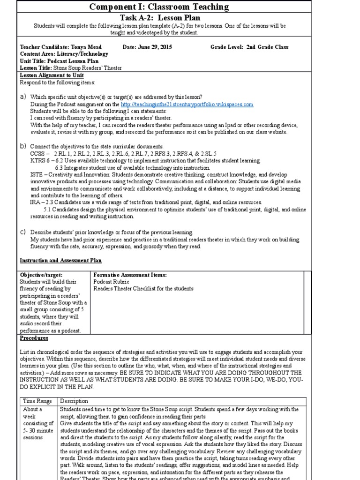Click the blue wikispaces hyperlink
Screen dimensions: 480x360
(x=187, y=104)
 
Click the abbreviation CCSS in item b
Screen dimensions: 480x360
(x=38, y=153)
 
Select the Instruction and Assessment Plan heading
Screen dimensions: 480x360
(x=60, y=260)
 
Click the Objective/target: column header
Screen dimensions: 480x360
(x=41, y=275)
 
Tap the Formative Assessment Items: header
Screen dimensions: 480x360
(x=130, y=275)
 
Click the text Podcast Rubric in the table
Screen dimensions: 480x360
(x=111, y=282)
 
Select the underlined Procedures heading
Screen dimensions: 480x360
(x=34, y=337)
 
